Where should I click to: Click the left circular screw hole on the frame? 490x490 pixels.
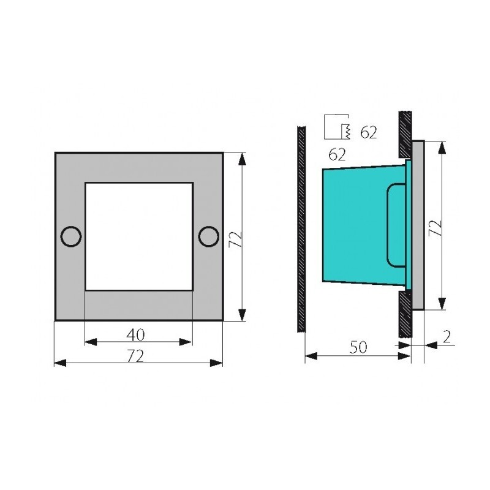(x=71, y=236)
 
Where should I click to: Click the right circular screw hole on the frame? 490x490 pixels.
(x=208, y=236)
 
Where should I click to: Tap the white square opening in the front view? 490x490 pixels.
(x=138, y=236)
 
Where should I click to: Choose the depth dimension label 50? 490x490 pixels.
(x=358, y=347)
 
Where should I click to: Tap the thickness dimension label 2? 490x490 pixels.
(x=446, y=336)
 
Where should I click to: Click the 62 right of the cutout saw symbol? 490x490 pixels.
(x=368, y=132)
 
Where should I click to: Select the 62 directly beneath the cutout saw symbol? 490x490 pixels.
(x=337, y=154)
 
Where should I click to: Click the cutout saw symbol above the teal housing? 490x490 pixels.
(x=336, y=127)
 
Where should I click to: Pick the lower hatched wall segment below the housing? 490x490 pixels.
(x=404, y=312)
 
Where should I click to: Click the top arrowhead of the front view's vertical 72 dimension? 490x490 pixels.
(x=243, y=158)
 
